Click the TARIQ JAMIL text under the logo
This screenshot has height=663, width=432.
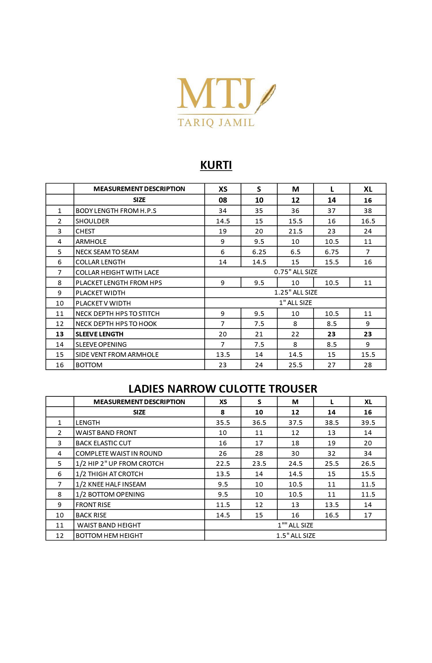click(x=216, y=123)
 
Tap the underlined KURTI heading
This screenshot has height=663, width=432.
click(x=216, y=165)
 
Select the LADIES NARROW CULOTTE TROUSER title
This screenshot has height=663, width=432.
click(x=223, y=389)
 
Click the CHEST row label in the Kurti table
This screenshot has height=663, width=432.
click(x=85, y=231)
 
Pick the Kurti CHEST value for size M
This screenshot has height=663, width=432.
click(x=295, y=231)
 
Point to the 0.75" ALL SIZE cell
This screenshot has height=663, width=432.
click(x=295, y=272)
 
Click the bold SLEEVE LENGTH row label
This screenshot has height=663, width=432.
click(x=99, y=334)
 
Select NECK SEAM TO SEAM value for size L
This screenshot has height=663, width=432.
click(x=331, y=252)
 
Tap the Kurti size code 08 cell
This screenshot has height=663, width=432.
click(x=223, y=200)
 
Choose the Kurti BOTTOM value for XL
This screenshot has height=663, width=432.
click(x=368, y=365)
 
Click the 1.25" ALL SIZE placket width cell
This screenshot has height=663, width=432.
click(x=295, y=292)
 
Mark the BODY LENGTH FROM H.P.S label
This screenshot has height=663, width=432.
click(x=116, y=211)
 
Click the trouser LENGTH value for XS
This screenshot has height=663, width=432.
click(x=223, y=423)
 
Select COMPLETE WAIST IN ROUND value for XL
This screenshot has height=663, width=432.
click(x=368, y=453)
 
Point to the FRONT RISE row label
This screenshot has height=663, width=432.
click(x=93, y=505)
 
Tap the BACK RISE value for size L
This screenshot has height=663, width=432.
click(x=331, y=515)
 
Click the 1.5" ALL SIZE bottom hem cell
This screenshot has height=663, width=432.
click(x=295, y=536)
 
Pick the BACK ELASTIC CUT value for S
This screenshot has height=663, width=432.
click(x=259, y=443)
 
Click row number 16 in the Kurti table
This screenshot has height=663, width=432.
click(x=60, y=365)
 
